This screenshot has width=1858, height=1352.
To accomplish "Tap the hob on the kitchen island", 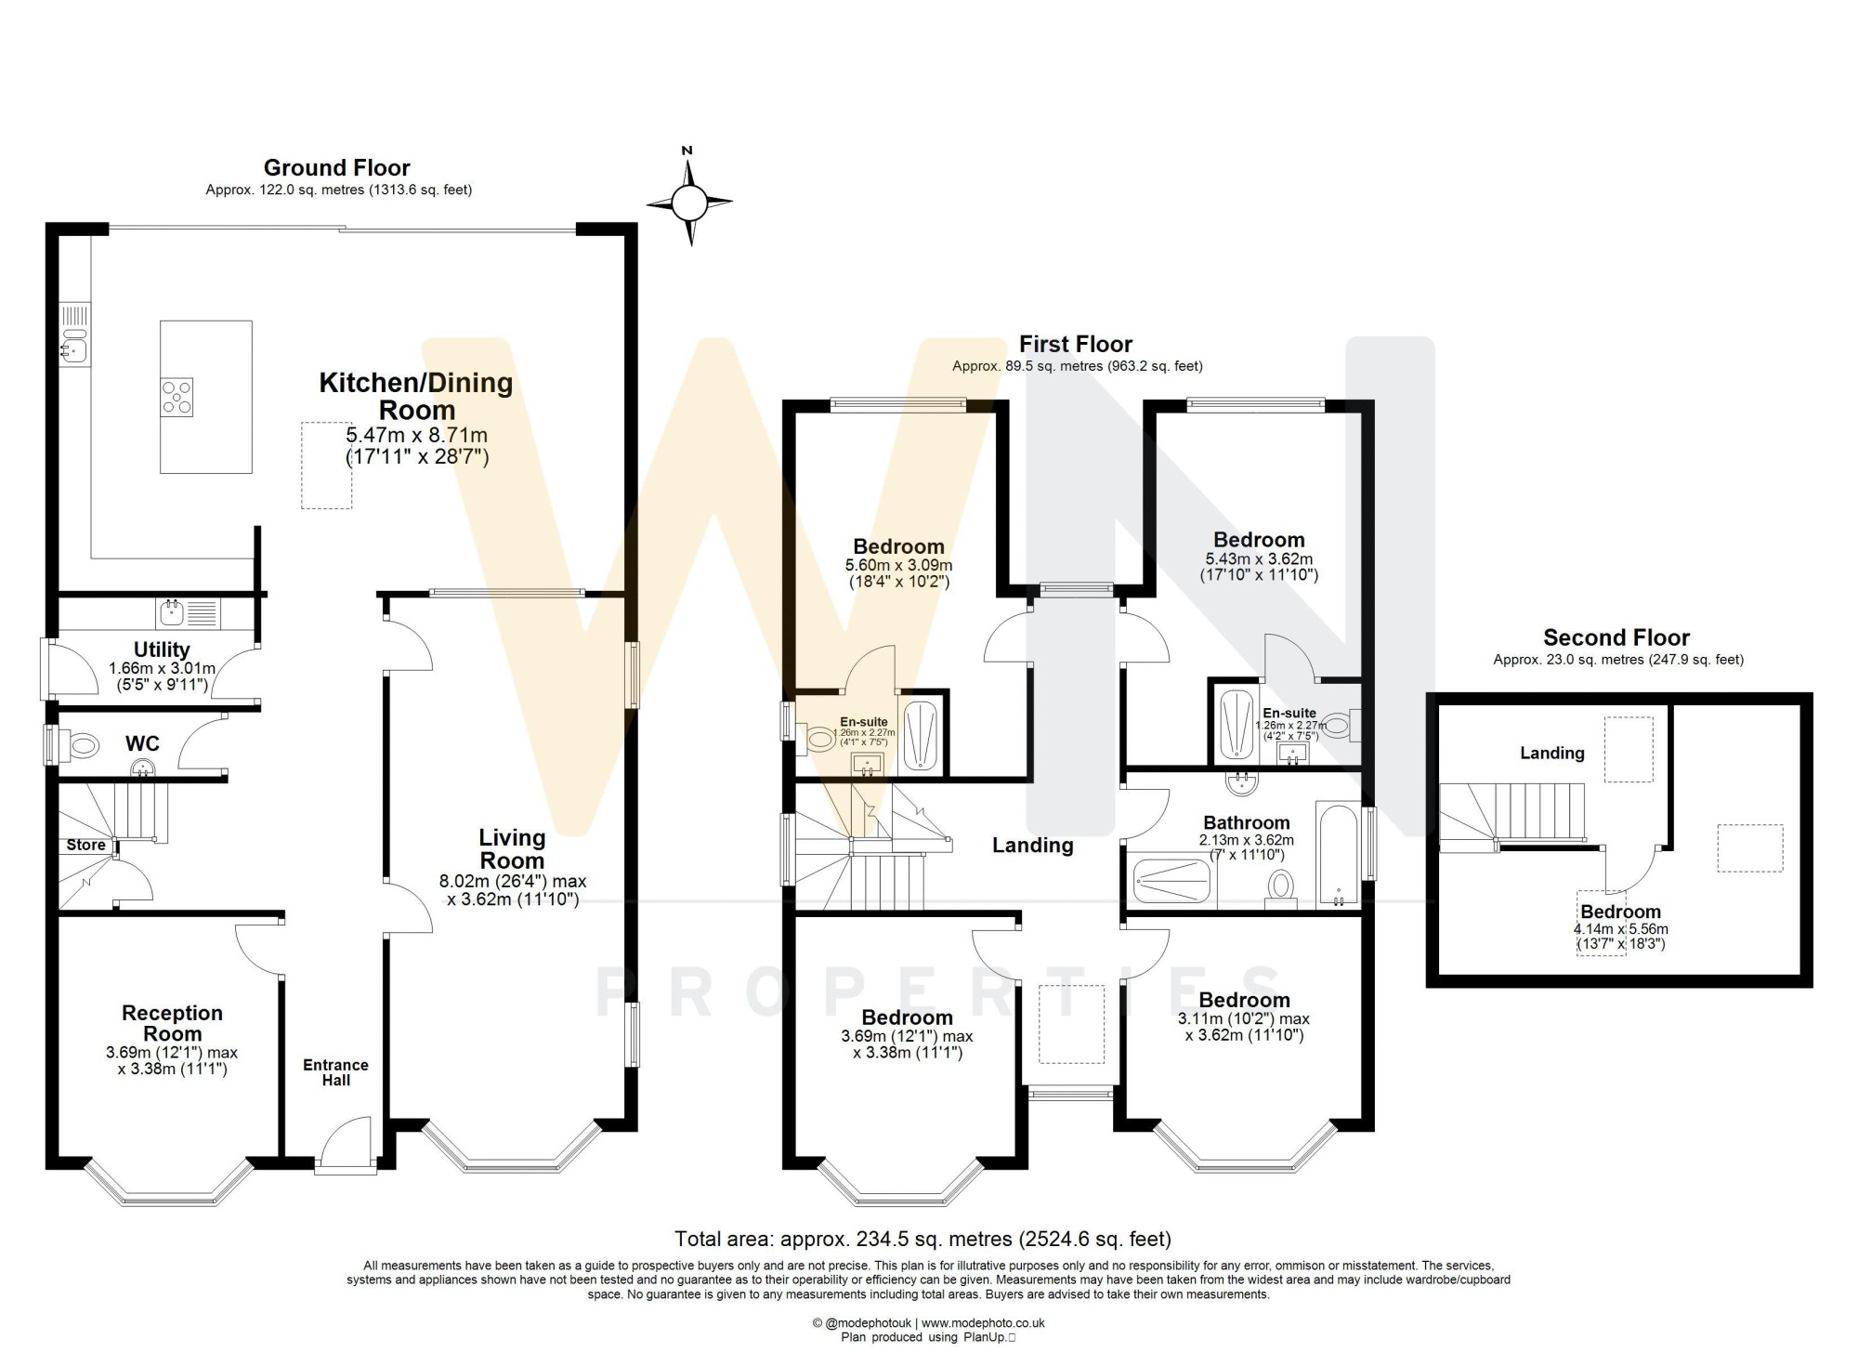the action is pyautogui.click(x=177, y=397).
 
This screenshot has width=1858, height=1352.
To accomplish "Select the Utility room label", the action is pyautogui.click(x=162, y=650).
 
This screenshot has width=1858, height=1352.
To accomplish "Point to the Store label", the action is pyautogui.click(x=85, y=846).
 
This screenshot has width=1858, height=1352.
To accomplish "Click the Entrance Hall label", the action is pyautogui.click(x=335, y=1072).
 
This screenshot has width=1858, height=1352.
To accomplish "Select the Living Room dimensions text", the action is pyautogui.click(x=513, y=890).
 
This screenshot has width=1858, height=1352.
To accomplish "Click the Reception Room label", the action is pyautogui.click(x=173, y=1023).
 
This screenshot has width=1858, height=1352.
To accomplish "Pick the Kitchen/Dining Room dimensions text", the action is pyautogui.click(x=417, y=445).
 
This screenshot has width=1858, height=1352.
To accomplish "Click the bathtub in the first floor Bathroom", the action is pyautogui.click(x=1337, y=854).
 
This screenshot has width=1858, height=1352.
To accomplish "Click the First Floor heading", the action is pyautogui.click(x=1076, y=344).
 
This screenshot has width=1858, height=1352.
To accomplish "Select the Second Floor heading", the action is pyautogui.click(x=1616, y=637).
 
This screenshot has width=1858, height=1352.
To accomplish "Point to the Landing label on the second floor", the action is pyautogui.click(x=1552, y=753).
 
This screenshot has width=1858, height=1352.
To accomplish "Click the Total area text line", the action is pyautogui.click(x=922, y=1239).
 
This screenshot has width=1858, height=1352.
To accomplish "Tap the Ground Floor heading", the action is pyautogui.click(x=336, y=167).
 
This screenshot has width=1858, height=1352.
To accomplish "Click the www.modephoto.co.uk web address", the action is pyautogui.click(x=983, y=1323).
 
